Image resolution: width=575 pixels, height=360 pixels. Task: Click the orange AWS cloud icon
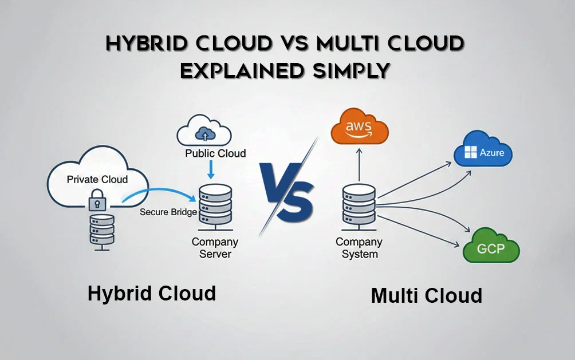[359, 127]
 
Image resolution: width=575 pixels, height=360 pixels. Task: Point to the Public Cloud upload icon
[204, 134]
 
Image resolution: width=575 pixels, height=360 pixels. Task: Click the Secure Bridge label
[168, 212]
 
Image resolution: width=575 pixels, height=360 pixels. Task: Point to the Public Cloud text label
[215, 153]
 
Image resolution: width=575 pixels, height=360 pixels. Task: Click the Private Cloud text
[97, 179]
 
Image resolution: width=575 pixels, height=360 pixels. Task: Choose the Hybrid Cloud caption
[152, 294]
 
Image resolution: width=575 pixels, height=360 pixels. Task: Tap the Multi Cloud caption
[427, 296]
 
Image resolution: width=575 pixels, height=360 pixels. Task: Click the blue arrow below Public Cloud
[212, 169]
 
